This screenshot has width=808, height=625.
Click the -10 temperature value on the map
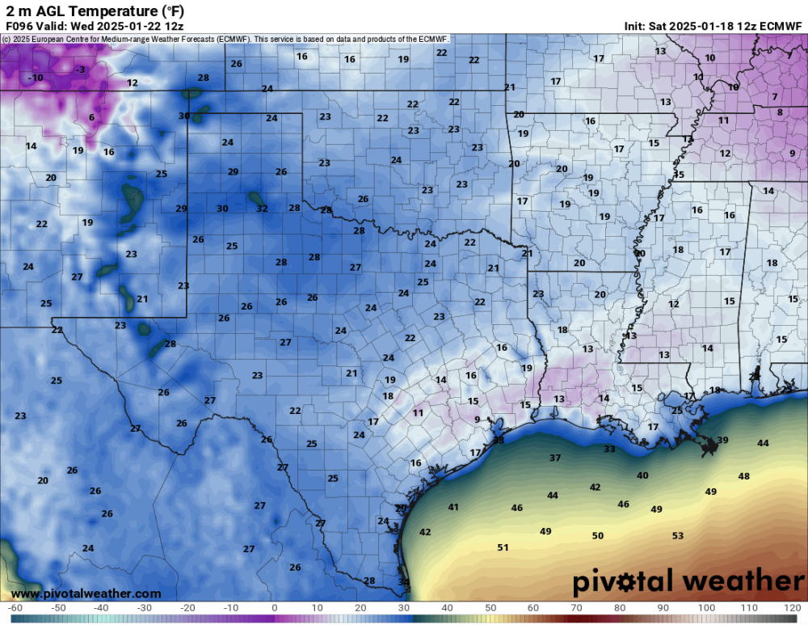[x=35, y=78]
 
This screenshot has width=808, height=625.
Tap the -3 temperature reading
[x=80, y=70]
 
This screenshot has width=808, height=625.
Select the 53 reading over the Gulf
[x=678, y=536]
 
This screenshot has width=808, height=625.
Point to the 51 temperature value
[x=503, y=547]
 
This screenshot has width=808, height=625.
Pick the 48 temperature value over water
[x=744, y=476]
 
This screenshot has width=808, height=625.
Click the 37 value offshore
[x=555, y=458]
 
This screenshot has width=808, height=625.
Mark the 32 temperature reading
[x=262, y=208]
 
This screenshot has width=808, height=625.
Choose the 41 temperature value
[x=453, y=507]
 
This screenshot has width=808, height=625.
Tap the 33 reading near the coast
[x=609, y=449]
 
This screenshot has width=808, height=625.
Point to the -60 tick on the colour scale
[x=15, y=607]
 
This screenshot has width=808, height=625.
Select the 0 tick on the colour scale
[x=274, y=607]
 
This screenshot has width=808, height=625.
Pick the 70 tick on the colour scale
[x=576, y=607]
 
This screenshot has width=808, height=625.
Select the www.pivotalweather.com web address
[x=86, y=593]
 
